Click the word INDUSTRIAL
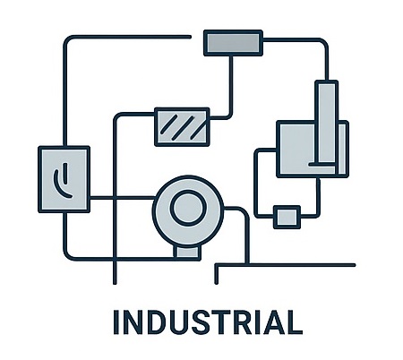click(208, 322)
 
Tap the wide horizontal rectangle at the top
click(233, 43)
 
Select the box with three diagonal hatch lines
click(182, 127)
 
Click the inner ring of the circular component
click(188, 208)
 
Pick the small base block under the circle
click(187, 253)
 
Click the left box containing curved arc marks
click(64, 179)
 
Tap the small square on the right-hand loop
click(287, 217)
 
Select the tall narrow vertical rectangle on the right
click(327, 123)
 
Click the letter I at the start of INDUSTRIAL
click(116, 322)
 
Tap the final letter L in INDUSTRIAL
click(295, 322)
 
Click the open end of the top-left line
click(190, 37)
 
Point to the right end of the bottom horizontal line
click(354, 265)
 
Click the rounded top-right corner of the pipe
click(324, 42)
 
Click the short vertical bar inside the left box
click(65, 173)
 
